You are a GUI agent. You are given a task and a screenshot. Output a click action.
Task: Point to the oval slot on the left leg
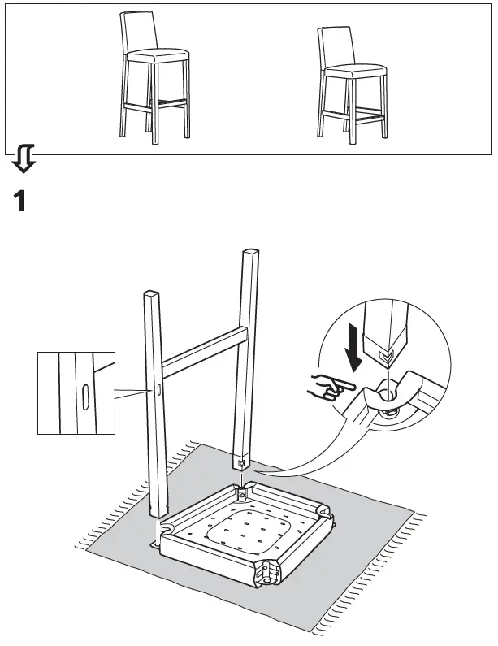tap(159, 391)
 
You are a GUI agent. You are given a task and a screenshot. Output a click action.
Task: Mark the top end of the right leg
tap(250, 255)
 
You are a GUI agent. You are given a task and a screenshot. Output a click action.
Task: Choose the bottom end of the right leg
tap(242, 462)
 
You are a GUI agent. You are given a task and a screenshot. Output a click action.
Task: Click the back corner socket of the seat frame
tap(242, 492)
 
